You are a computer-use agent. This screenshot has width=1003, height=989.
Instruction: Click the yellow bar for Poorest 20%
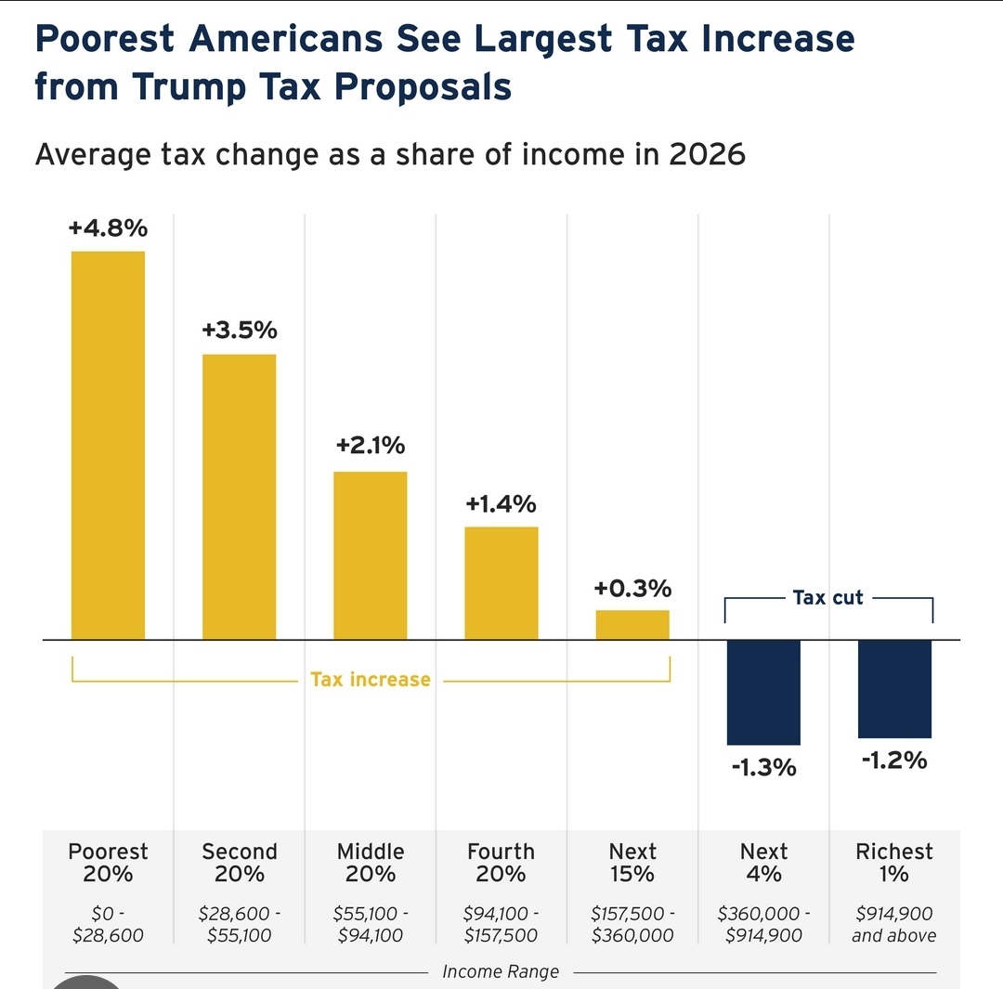108,446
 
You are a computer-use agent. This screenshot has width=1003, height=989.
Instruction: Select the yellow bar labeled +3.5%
240,497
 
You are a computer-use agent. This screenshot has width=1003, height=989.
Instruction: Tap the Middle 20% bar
371,555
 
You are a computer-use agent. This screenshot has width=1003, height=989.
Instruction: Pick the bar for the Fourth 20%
501,583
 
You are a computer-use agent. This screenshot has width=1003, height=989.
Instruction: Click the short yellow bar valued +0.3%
632,625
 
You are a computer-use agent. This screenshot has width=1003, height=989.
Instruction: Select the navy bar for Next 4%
763,692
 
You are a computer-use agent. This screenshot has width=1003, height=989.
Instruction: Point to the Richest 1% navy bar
894,688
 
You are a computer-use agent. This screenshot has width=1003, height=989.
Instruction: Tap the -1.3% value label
763,768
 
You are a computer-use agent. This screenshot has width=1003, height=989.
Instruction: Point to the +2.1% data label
371,446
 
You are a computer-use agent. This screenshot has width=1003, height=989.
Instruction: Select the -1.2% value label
894,761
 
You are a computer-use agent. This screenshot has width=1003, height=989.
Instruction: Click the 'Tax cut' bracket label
827,598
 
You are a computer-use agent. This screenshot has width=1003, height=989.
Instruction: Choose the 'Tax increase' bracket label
371,680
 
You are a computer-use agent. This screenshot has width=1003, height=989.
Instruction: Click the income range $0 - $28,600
108,924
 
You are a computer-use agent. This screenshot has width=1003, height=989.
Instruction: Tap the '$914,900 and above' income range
894,924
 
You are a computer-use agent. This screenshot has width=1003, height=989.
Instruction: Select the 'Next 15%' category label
632,863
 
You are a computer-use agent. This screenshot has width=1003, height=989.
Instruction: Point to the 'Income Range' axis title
501,972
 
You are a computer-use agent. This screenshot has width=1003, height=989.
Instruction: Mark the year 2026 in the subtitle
707,153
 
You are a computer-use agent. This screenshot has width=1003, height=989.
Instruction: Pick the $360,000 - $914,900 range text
763,924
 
